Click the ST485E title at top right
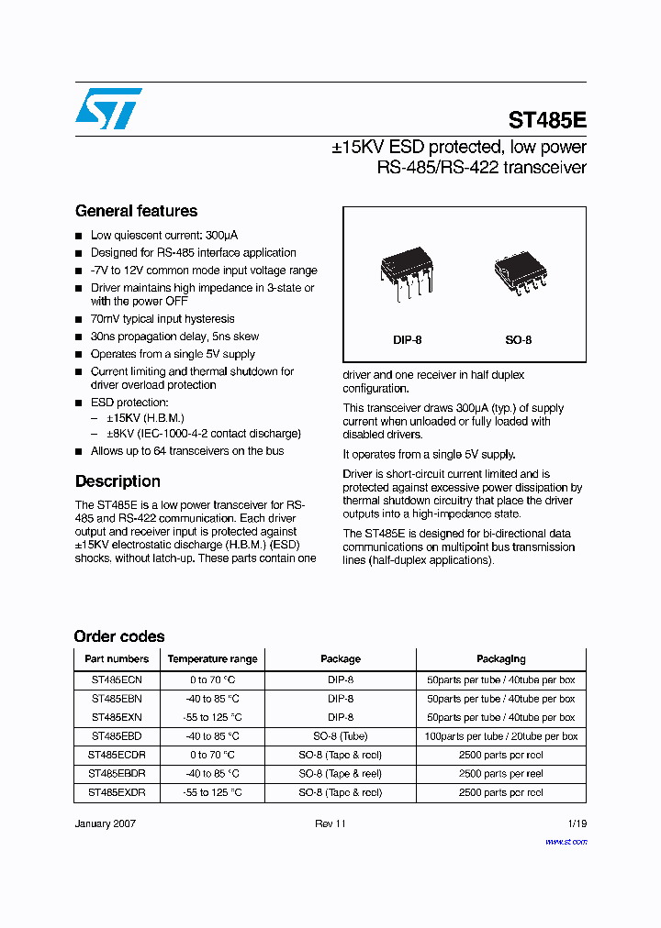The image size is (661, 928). coord(547,120)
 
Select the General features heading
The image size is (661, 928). coord(136,211)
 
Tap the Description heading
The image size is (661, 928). coord(118,481)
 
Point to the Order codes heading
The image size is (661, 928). coord(119,636)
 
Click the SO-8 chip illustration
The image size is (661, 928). coord(519,273)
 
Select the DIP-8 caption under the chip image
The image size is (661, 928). coord(408,340)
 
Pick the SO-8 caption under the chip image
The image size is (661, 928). coord(519,340)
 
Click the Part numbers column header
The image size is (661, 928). coord(117,658)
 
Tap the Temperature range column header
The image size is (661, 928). coord(212,658)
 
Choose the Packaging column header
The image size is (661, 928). coord(501,658)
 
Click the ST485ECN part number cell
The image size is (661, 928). coord(117,679)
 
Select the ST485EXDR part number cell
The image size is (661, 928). coord(117,792)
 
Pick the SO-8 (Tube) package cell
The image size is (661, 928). coord(341,736)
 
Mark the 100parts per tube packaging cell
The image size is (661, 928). coord(501,736)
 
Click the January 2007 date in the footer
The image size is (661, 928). coord(105,823)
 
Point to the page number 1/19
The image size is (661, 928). coord(577,823)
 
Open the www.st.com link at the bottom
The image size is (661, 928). coord(566,841)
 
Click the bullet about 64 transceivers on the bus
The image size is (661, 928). coord(187,451)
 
